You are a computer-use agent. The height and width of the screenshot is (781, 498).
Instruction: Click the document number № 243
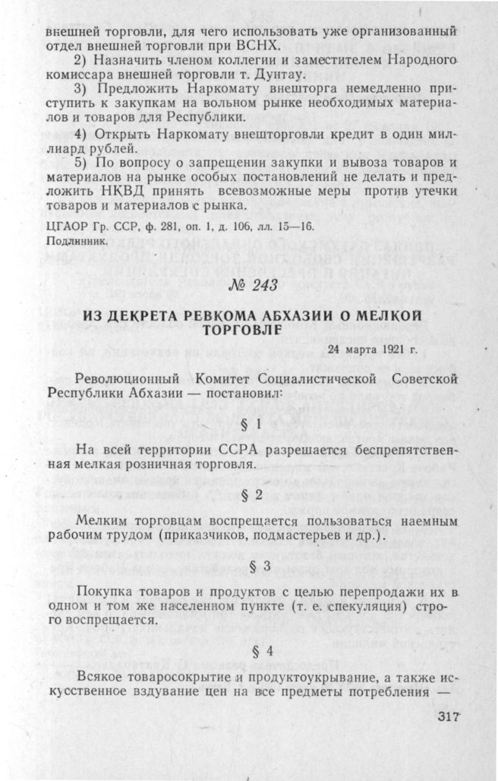248,286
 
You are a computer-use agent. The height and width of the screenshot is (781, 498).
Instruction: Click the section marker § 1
250,422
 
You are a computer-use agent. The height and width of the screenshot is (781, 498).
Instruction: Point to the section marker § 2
250,495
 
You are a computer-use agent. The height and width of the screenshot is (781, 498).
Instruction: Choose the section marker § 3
250,568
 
